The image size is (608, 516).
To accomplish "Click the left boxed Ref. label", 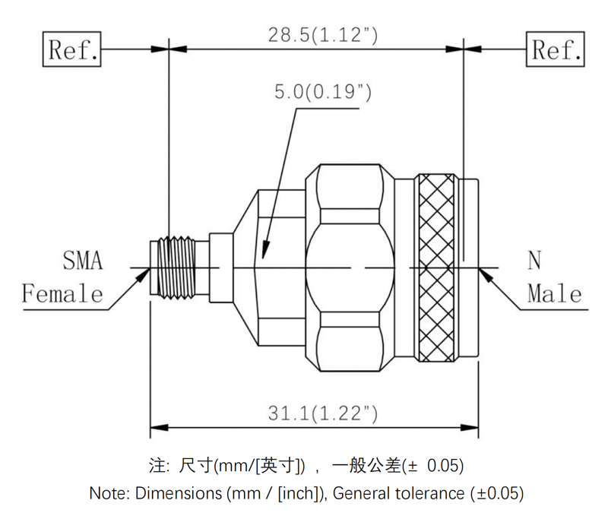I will point(73,50).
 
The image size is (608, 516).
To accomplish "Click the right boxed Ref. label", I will point(557,50).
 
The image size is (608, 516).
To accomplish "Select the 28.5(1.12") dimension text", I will point(323,34).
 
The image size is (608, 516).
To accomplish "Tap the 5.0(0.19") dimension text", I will point(322,92).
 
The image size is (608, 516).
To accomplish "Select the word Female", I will point(62,293).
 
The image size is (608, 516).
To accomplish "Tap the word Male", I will point(555,293).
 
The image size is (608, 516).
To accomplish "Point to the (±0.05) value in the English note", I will point(495,492).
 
